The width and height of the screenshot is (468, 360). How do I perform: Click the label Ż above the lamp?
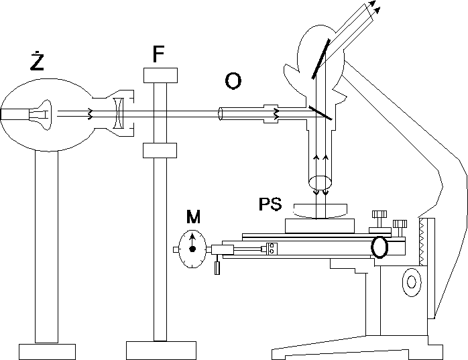(x=38, y=62)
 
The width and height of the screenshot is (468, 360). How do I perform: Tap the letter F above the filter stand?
(x=158, y=54)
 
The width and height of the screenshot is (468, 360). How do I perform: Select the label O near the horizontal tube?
(x=233, y=81)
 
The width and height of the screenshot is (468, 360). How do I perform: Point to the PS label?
(x=270, y=204)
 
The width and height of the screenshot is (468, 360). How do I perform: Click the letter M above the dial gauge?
(x=193, y=217)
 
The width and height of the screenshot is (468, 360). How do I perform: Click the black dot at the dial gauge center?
(x=192, y=249)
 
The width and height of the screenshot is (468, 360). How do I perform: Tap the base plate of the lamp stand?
(x=47, y=352)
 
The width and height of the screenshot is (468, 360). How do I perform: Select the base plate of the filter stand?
(x=160, y=350)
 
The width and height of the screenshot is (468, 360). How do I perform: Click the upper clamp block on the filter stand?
(x=160, y=75)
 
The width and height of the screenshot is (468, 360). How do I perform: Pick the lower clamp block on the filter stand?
(x=160, y=150)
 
